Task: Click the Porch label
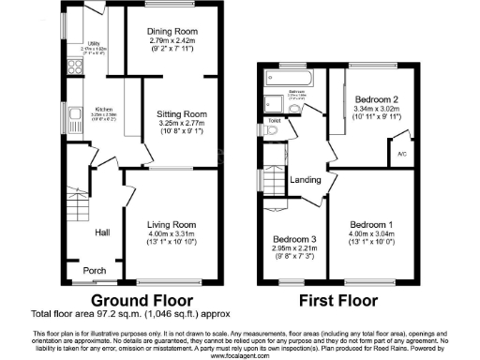(95, 272)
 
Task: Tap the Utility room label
(94, 44)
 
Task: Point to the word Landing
(304, 181)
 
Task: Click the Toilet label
(274, 121)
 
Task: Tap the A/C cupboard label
(401, 154)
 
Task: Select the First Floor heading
(337, 301)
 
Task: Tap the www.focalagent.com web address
(240, 355)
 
